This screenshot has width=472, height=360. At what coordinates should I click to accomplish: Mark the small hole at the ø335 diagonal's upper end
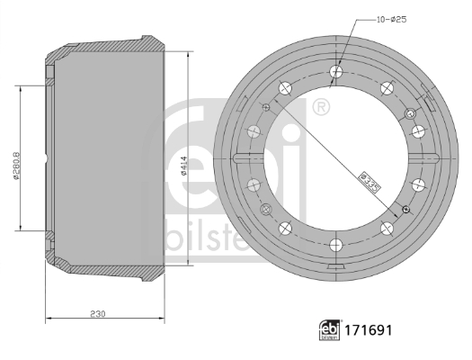pyautogui.click(x=265, y=105)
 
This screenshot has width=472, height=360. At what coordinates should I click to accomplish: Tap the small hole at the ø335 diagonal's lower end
pyautogui.click(x=405, y=210)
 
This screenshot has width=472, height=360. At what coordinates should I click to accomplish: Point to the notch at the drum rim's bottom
pyautogui.click(x=336, y=269)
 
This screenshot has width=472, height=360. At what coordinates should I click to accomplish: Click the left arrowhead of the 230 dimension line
pyautogui.click(x=48, y=319)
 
